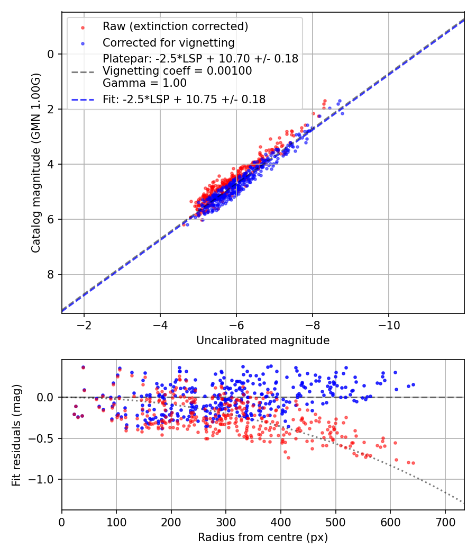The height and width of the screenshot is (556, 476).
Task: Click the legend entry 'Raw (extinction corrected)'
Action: (x=175, y=26)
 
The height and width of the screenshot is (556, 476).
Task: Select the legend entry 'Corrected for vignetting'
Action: (x=168, y=42)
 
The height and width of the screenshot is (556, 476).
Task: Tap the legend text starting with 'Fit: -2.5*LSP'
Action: (x=184, y=99)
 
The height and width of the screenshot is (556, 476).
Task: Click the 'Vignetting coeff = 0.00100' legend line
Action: (x=177, y=71)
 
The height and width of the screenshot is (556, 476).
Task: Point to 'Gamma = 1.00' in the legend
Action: (x=144, y=83)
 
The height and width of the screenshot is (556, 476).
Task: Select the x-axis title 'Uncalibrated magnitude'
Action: (x=263, y=340)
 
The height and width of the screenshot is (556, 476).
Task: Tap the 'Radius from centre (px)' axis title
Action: (x=263, y=537)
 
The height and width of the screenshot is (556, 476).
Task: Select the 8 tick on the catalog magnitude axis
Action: (x=50, y=274)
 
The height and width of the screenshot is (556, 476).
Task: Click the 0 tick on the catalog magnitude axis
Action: (x=50, y=54)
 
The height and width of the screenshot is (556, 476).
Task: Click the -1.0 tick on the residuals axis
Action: (x=45, y=479)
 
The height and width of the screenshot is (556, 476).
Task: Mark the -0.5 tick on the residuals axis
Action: (x=45, y=438)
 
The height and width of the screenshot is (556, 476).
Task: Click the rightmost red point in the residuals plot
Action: (x=413, y=463)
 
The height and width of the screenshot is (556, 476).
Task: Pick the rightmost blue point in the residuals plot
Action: (x=413, y=384)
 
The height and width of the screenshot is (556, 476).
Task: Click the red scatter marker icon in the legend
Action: (x=83, y=26)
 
